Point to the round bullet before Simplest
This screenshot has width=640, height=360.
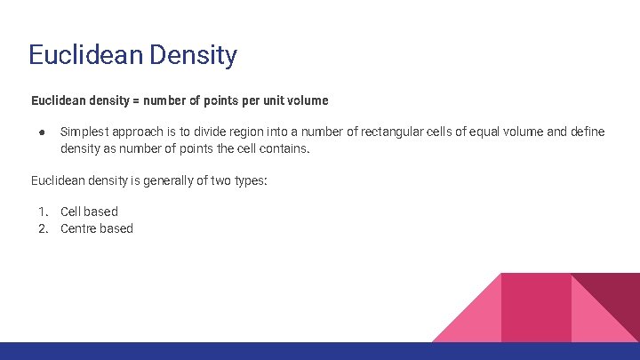tap(41, 132)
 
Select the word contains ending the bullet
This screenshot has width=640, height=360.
tap(283, 148)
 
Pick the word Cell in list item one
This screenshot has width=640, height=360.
tap(71, 212)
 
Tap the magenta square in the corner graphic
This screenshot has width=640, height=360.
tap(536, 308)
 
